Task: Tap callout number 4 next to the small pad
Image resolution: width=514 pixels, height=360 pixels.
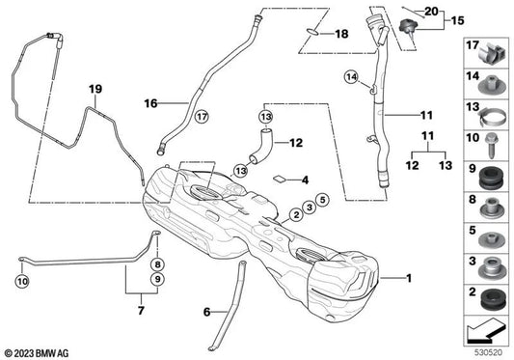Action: [305, 180]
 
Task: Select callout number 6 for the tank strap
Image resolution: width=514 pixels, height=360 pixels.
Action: [205, 312]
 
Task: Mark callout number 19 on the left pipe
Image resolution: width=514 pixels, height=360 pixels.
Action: [95, 90]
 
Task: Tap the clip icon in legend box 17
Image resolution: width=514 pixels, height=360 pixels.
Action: [491, 49]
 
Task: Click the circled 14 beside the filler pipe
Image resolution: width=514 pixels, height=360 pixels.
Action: [351, 77]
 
